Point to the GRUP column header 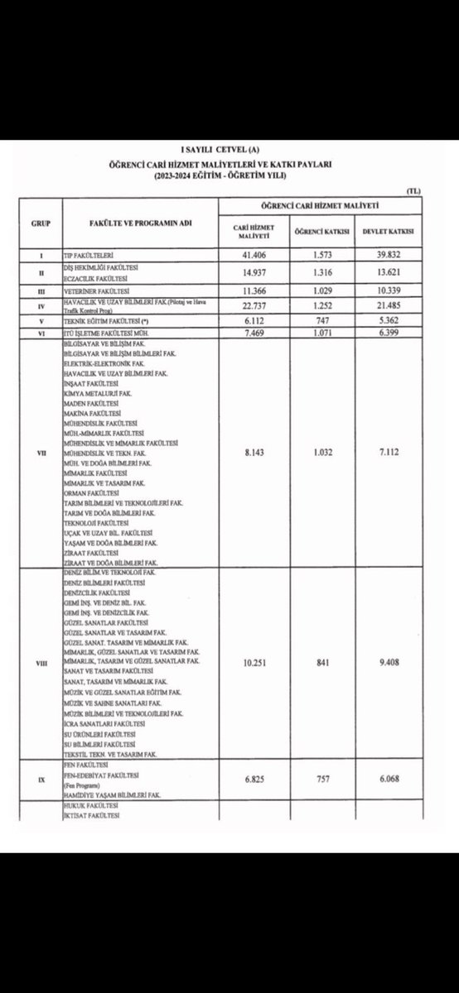[41, 223]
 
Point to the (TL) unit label [413, 192]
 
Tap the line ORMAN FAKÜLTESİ [89, 494]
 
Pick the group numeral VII [41, 452]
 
